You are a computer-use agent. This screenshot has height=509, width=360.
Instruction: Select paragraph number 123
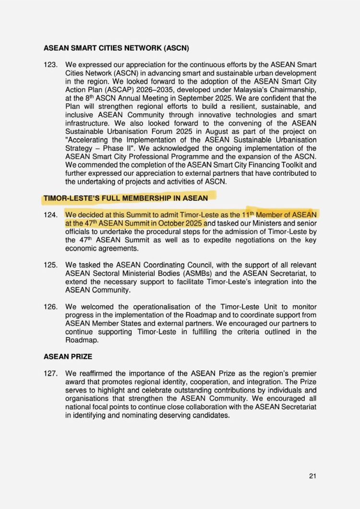point(50,64)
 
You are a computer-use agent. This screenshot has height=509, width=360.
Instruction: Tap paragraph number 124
point(50,214)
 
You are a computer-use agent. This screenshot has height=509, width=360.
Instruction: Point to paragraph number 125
point(50,265)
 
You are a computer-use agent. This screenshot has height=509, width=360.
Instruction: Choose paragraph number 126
point(50,306)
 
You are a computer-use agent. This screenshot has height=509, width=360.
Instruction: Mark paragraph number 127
point(50,373)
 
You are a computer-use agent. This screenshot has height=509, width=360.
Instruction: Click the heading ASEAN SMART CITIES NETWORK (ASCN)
point(116,48)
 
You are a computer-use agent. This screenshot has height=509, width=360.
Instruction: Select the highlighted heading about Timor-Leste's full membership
point(126,197)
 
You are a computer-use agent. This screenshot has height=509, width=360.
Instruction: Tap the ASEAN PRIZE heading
point(67,357)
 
